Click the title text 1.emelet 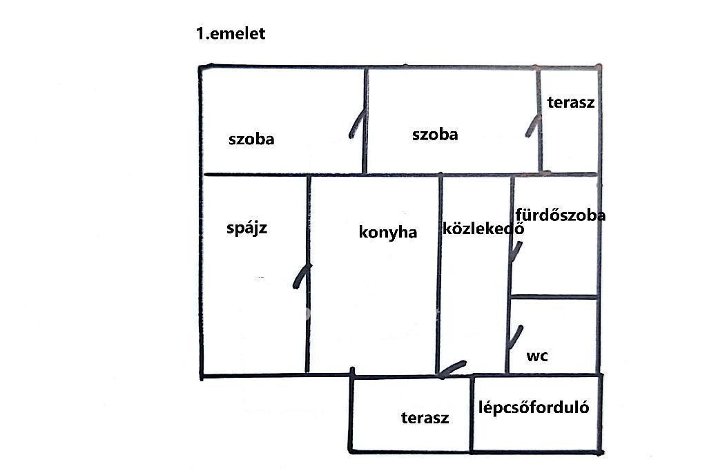[231, 34]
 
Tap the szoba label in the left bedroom [251, 140]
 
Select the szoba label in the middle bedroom [435, 135]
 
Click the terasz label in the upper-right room [570, 103]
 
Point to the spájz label [246, 228]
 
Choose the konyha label [388, 232]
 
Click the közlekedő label [483, 229]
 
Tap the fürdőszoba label [561, 215]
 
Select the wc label [537, 356]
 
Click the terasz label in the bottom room [425, 418]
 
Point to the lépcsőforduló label [534, 407]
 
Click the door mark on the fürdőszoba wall [514, 251]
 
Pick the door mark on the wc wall [514, 338]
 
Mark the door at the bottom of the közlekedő [452, 369]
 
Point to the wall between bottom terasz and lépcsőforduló [472, 414]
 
